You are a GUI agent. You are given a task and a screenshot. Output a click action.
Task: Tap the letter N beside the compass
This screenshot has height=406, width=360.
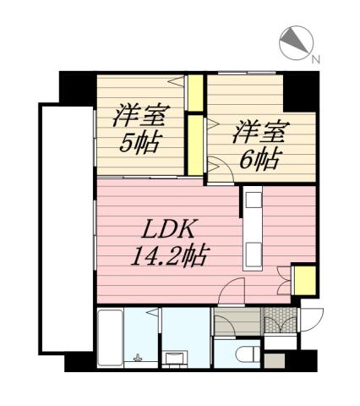pyautogui.click(x=314, y=59)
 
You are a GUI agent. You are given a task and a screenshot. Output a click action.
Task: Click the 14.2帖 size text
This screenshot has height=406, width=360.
pyautogui.click(x=169, y=253)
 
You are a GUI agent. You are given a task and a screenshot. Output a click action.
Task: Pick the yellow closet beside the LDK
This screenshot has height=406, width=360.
pyautogui.click(x=304, y=280)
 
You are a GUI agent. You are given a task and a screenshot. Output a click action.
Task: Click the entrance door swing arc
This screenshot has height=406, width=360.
pyautogui.click(x=314, y=320)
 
